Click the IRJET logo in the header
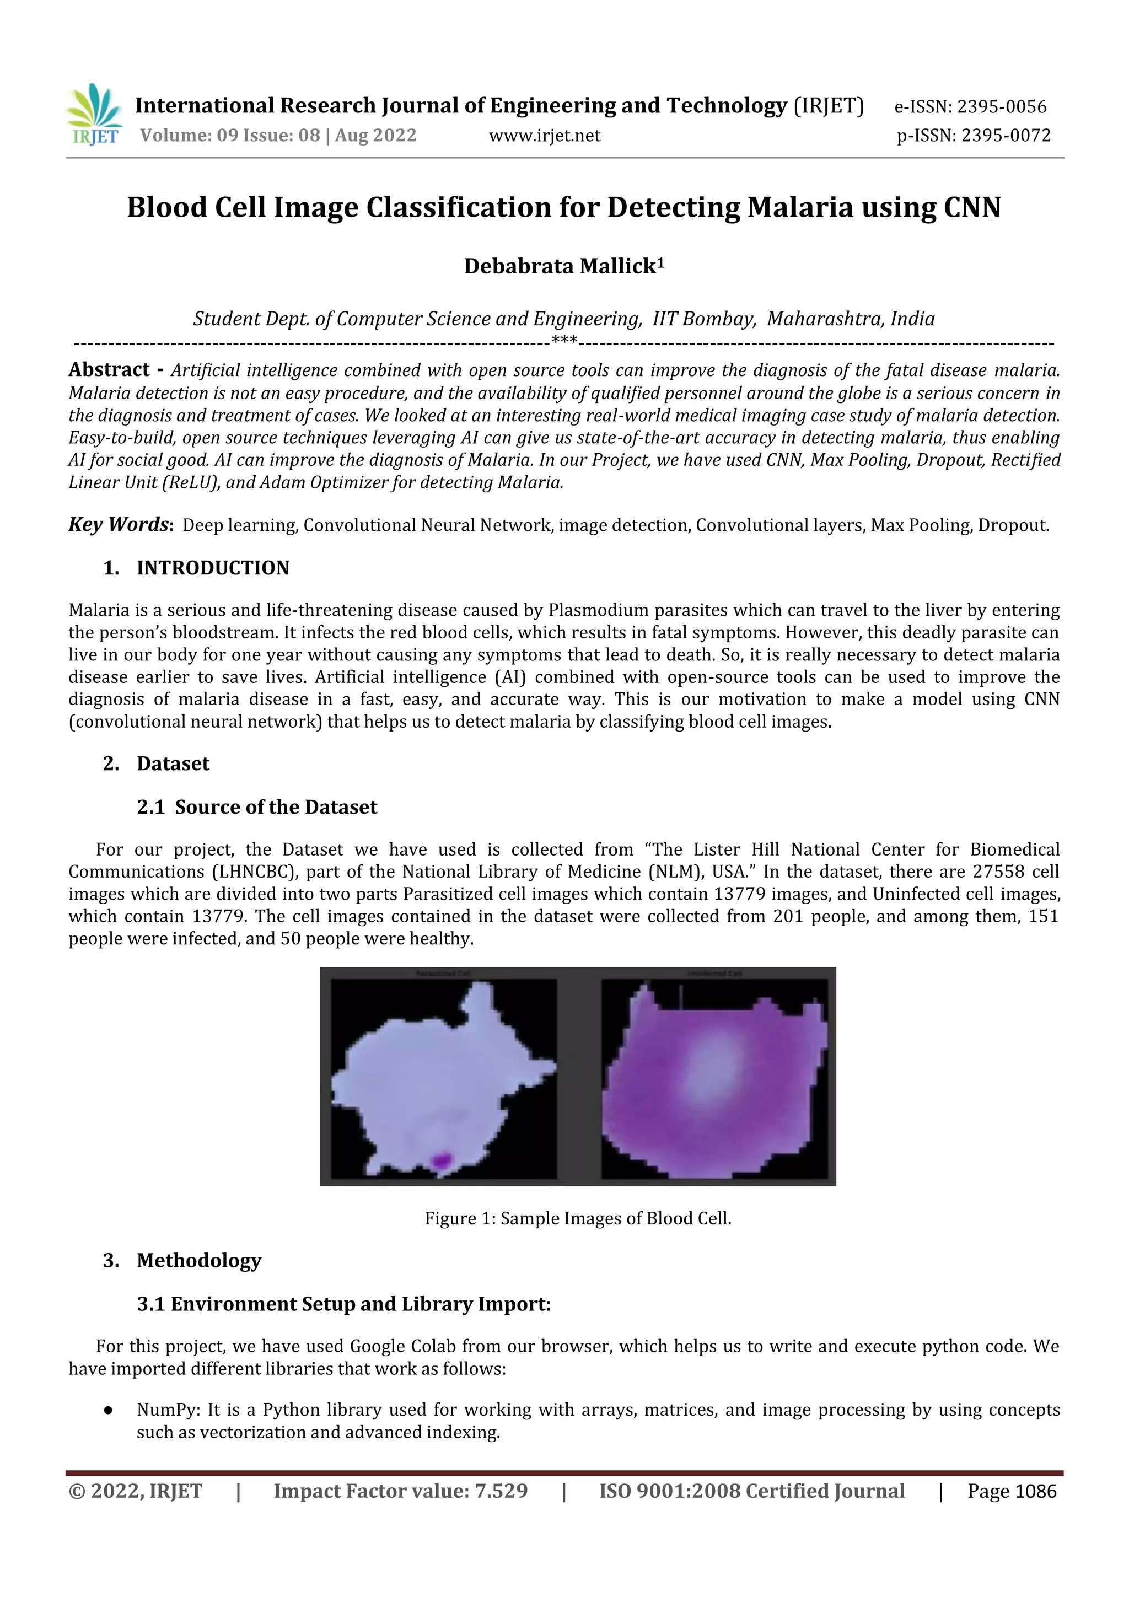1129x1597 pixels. click(95, 115)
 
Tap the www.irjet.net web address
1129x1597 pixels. click(544, 136)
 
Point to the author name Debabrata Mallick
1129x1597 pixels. click(560, 266)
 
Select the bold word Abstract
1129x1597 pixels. click(109, 369)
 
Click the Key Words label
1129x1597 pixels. click(119, 524)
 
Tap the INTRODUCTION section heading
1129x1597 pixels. click(212, 568)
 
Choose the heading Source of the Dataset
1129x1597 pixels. click(276, 807)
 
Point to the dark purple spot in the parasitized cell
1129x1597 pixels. click(441, 1159)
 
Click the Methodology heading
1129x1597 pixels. click(199, 1260)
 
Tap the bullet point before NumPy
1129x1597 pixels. click(108, 1410)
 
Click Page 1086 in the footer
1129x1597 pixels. click(1012, 1491)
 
